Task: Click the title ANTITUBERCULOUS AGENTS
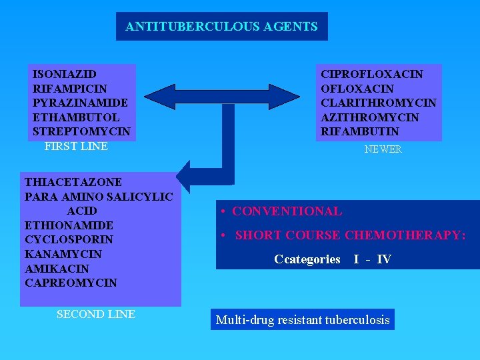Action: click(x=221, y=27)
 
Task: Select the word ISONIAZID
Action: click(x=65, y=74)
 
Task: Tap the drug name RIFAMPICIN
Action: click(x=70, y=89)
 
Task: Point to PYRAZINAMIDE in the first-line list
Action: click(x=80, y=103)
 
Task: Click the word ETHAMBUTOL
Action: click(x=76, y=117)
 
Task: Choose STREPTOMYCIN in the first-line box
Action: click(x=81, y=131)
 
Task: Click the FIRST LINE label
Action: click(x=76, y=146)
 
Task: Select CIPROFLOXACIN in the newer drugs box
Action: click(x=372, y=74)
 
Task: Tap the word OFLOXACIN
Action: click(x=357, y=89)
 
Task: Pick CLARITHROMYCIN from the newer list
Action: click(x=379, y=103)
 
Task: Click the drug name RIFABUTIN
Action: click(x=360, y=131)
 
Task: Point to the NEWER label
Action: click(x=383, y=150)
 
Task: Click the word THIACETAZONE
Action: click(x=73, y=182)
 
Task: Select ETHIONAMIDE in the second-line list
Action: click(x=69, y=225)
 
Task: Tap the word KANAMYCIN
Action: click(x=63, y=254)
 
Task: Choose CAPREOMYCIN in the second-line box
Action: click(x=71, y=283)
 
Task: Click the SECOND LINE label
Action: click(x=96, y=314)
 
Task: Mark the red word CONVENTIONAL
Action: click(x=287, y=211)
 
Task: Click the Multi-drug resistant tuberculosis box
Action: click(x=303, y=319)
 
